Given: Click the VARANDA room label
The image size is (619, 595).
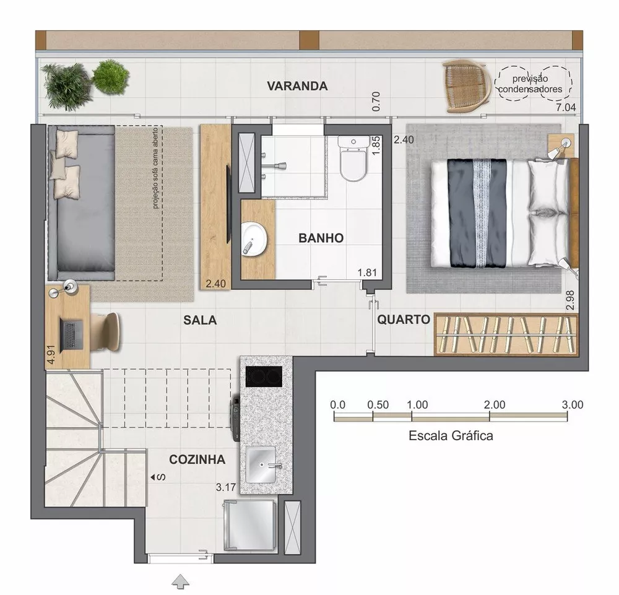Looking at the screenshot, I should [x=297, y=86].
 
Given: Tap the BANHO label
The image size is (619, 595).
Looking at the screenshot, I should [x=321, y=238].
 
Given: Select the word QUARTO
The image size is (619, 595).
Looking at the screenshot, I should [x=404, y=320].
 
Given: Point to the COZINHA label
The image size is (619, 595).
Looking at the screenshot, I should [x=197, y=459].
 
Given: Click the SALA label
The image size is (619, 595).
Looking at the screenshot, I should [x=199, y=320].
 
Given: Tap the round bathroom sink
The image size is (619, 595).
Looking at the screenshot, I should [x=253, y=238].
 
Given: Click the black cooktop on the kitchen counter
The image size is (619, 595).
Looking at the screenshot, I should [x=264, y=375].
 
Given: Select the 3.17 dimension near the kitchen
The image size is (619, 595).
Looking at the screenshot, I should [x=226, y=487].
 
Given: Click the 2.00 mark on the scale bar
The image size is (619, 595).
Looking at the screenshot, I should [x=495, y=405].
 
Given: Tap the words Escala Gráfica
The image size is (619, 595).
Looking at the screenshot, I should [x=451, y=436].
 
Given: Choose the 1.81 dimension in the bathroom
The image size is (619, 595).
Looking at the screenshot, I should [x=367, y=272].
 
